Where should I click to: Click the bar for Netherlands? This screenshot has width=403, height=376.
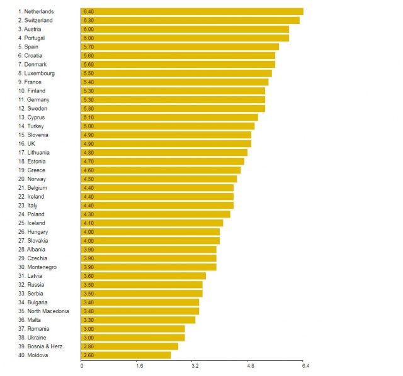[x=192, y=11]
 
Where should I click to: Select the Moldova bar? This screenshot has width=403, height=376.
[x=126, y=355]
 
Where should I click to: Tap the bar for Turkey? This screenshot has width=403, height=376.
[x=168, y=126]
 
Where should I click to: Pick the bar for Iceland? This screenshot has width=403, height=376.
[x=152, y=223]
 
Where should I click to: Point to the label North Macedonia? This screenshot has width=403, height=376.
[x=43, y=311]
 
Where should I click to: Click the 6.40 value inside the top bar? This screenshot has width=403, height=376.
[x=88, y=11]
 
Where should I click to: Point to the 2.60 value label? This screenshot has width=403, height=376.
[x=88, y=355]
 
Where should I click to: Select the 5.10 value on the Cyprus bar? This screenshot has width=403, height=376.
[x=88, y=117]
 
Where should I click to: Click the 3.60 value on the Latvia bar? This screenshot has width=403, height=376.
[x=88, y=275]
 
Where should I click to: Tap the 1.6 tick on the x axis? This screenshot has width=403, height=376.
[x=139, y=365]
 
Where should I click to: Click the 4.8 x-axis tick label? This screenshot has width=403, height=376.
[x=250, y=365]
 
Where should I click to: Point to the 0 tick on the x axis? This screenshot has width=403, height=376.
[x=82, y=365]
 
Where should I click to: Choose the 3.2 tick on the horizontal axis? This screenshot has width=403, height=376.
[x=195, y=365]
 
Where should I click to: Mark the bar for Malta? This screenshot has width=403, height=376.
[x=139, y=319]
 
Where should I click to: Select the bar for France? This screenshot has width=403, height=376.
[x=175, y=82]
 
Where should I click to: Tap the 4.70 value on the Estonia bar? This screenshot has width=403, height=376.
[x=88, y=161]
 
